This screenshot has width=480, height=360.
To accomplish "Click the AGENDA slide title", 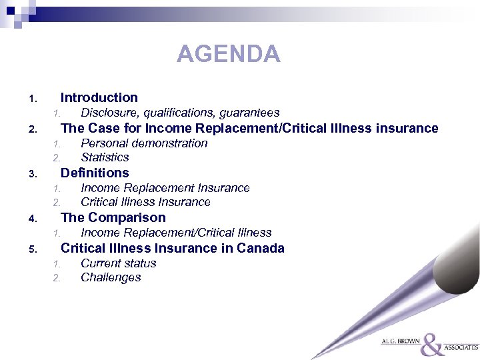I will (228, 53).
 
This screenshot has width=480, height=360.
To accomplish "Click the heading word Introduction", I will (99, 97).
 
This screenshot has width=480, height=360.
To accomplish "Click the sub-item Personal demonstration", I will (144, 143).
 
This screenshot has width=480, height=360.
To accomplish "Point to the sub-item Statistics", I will (105, 157).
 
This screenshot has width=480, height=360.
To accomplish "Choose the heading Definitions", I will (95, 173).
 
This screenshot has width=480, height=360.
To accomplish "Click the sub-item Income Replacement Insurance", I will (165, 188).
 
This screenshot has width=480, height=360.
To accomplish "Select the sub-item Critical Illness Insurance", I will (145, 202).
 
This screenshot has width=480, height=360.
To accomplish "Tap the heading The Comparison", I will (113, 217).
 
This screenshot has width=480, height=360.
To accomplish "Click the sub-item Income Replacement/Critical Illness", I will (176, 233).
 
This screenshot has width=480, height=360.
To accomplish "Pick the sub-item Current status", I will (119, 263).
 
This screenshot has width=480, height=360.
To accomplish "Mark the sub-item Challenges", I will (111, 277).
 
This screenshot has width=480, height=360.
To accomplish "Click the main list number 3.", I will (31, 175).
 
